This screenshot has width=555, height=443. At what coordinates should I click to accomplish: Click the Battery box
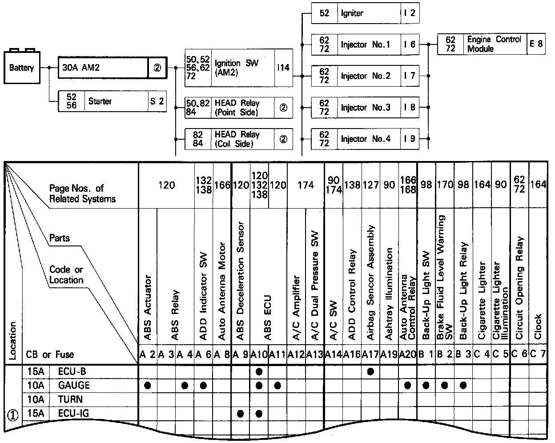coord(21,68)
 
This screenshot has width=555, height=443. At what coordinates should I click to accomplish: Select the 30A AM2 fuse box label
coord(81,68)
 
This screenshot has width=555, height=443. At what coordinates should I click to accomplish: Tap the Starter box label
coord(100,101)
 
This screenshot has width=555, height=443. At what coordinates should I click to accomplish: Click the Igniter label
coord(352,13)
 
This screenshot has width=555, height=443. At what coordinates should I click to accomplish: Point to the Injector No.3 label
coord(365,108)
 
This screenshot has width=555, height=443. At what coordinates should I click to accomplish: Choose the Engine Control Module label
coord(494,44)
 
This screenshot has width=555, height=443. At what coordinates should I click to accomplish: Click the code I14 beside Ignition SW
coord(283,68)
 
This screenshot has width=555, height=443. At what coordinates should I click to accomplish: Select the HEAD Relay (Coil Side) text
coord(237,139)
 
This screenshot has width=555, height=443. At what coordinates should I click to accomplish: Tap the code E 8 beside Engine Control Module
coord(536,44)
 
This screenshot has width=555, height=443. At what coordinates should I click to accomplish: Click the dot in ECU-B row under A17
coord(370,371)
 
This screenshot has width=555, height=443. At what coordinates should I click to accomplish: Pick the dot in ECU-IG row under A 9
coord(241,414)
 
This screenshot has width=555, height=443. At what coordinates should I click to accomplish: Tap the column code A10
coord(259,354)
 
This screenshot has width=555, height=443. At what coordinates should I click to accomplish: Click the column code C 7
coord(538,354)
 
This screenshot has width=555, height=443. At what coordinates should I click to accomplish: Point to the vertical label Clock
coord(538,326)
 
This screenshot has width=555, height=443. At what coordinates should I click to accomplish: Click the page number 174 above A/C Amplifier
coord(306,185)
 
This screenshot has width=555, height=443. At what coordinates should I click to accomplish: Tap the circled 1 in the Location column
coord(12,415)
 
